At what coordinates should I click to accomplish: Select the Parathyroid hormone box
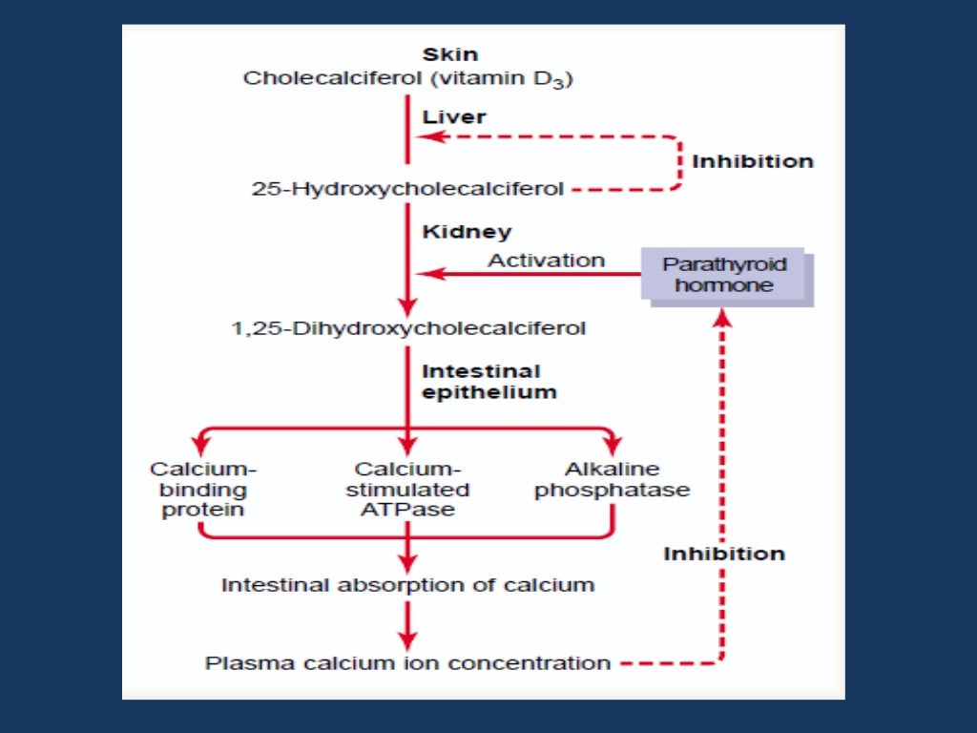[x=724, y=275]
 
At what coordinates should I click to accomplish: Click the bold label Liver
[x=454, y=117]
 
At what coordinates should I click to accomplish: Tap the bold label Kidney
[x=467, y=232]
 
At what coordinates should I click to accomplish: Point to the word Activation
[x=547, y=260]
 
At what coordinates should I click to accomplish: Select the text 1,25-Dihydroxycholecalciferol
[x=408, y=329]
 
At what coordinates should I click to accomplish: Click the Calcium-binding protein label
[x=203, y=490]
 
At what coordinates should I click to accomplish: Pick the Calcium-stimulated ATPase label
[x=407, y=490]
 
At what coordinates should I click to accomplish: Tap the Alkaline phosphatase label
[x=612, y=480]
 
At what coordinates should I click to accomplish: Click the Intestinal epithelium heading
[x=488, y=381]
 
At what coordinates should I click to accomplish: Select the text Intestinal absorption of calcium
[x=407, y=584]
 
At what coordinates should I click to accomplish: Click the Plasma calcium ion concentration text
[x=407, y=662]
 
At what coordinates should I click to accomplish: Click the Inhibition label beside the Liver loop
[x=753, y=161]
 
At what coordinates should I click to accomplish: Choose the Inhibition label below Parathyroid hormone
[x=724, y=554]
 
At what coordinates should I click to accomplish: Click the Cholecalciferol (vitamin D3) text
[x=407, y=78]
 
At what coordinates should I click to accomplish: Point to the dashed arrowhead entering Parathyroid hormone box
[x=723, y=320]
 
